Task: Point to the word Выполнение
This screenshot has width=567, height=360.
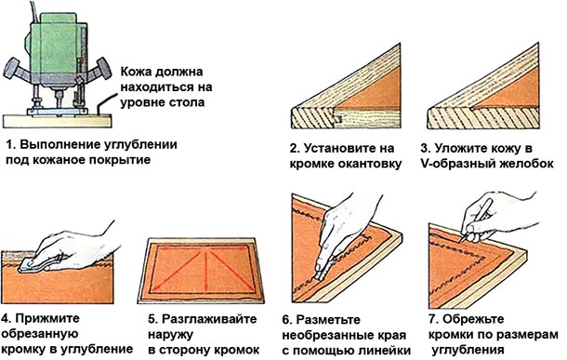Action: (62, 146)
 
